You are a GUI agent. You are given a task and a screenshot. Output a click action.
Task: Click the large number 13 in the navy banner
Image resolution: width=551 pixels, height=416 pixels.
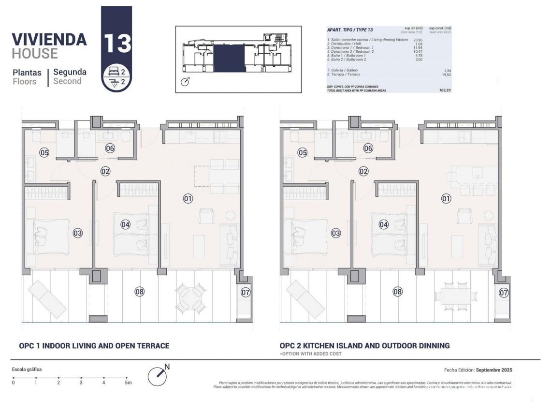(x=116, y=43)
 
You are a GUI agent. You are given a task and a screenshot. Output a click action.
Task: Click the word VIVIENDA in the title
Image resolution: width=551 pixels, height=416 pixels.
(x=49, y=39)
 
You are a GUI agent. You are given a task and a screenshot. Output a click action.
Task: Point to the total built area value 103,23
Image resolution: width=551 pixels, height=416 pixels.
(x=444, y=90)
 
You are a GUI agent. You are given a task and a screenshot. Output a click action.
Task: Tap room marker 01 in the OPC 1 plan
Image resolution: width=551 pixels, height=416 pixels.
(x=188, y=198)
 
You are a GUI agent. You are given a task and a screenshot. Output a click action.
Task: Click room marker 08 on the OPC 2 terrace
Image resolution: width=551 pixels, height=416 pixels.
(x=397, y=292)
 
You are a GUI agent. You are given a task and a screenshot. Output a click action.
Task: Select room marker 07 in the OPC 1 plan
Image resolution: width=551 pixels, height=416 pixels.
(x=246, y=292)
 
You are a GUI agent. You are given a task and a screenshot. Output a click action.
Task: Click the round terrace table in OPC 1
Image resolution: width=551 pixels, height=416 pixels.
(x=189, y=298)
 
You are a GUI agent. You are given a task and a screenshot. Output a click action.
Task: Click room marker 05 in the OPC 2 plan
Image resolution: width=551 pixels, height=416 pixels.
(x=303, y=153)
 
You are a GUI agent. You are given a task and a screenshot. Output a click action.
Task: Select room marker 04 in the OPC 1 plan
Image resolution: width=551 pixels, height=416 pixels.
(x=126, y=224)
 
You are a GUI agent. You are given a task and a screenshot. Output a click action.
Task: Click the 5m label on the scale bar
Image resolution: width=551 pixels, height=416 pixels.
(x=128, y=383)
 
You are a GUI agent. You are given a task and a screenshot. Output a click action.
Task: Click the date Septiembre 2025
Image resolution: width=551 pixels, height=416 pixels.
(x=493, y=370)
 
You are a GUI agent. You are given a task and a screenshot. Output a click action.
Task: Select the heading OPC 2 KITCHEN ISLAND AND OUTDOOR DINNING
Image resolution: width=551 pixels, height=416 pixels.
(x=364, y=345)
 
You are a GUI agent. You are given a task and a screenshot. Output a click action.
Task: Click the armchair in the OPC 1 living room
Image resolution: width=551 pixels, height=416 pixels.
(x=207, y=216)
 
